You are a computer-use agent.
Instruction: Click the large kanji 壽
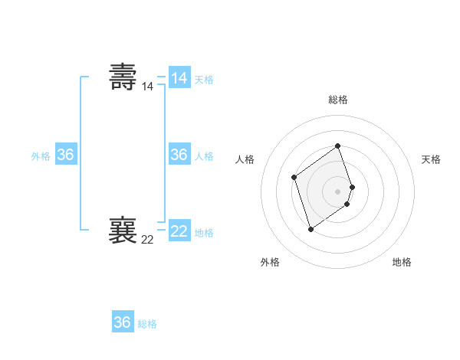pyautogui.click(x=123, y=77)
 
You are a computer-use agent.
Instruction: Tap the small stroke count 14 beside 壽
pyautogui.click(x=147, y=87)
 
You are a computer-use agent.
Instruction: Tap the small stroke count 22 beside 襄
pyautogui.click(x=147, y=240)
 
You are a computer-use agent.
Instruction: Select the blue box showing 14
pyautogui.click(x=179, y=78)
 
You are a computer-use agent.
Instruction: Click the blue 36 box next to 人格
pyautogui.click(x=179, y=155)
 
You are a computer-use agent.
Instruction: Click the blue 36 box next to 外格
pyautogui.click(x=66, y=155)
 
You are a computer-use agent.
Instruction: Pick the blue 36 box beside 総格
pyautogui.click(x=123, y=322)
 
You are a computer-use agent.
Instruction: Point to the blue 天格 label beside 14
pyautogui.click(x=204, y=80)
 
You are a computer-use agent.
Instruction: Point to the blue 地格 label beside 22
pyautogui.click(x=204, y=232)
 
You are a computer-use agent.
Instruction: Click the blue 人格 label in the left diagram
pyautogui.click(x=204, y=156)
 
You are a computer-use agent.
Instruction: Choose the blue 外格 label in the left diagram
pyautogui.click(x=41, y=156)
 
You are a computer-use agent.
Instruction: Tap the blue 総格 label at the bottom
pyautogui.click(x=147, y=324)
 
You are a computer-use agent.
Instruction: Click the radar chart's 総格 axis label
pyautogui.click(x=338, y=100)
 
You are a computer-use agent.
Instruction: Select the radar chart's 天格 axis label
pyautogui.click(x=431, y=159)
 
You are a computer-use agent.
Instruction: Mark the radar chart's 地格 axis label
pyautogui.click(x=402, y=262)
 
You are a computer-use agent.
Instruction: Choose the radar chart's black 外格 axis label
pyautogui.click(x=270, y=262)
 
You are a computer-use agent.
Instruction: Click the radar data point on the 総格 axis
pyautogui.click(x=338, y=146)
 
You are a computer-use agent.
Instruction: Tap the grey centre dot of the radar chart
pyautogui.click(x=338, y=191)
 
